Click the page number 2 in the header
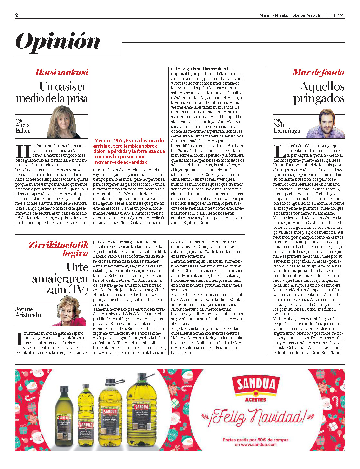(17, 15)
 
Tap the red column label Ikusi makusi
(61, 72)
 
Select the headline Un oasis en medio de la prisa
(52, 92)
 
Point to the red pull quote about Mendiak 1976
(129, 151)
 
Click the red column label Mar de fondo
(318, 72)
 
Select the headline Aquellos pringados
(319, 92)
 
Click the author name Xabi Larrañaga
(286, 128)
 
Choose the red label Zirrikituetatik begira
(59, 249)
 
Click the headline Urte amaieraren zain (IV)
(60, 278)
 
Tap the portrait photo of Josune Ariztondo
(72, 311)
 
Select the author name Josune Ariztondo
(28, 312)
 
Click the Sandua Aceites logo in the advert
(256, 389)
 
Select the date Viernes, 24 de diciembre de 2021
(319, 16)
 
